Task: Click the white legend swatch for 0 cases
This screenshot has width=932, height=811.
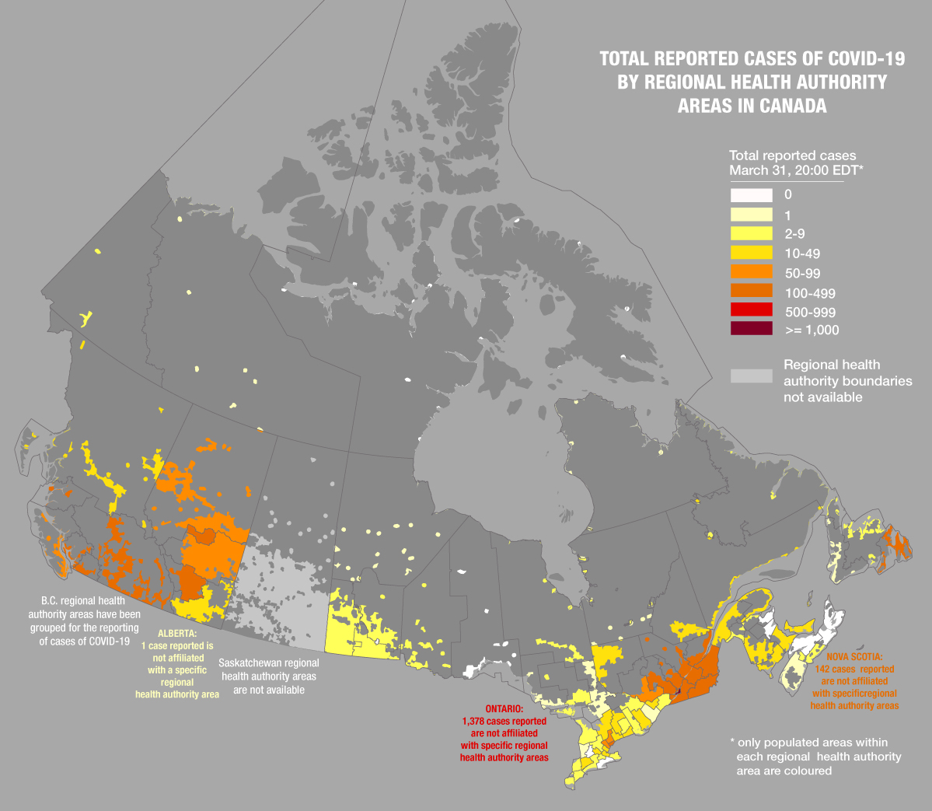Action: click(x=751, y=195)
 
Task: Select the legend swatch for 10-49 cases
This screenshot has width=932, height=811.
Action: click(x=751, y=253)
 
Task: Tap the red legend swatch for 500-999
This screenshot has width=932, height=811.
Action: click(x=751, y=311)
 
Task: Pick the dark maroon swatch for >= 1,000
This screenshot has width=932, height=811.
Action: click(x=751, y=329)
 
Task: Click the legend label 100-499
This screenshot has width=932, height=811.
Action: click(x=810, y=293)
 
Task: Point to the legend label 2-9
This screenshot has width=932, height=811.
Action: click(x=794, y=234)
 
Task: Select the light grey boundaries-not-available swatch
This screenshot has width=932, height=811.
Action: click(x=751, y=376)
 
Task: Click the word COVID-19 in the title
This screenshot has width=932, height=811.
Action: click(x=866, y=59)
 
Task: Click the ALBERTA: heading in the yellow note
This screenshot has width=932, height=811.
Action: click(x=177, y=634)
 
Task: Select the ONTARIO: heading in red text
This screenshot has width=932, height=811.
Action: click(x=504, y=709)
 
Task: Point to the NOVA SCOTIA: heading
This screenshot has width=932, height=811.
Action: click(x=854, y=657)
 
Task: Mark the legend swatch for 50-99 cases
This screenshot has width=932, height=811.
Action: click(x=751, y=271)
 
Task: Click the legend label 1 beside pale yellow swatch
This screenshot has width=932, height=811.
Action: click(x=787, y=215)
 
